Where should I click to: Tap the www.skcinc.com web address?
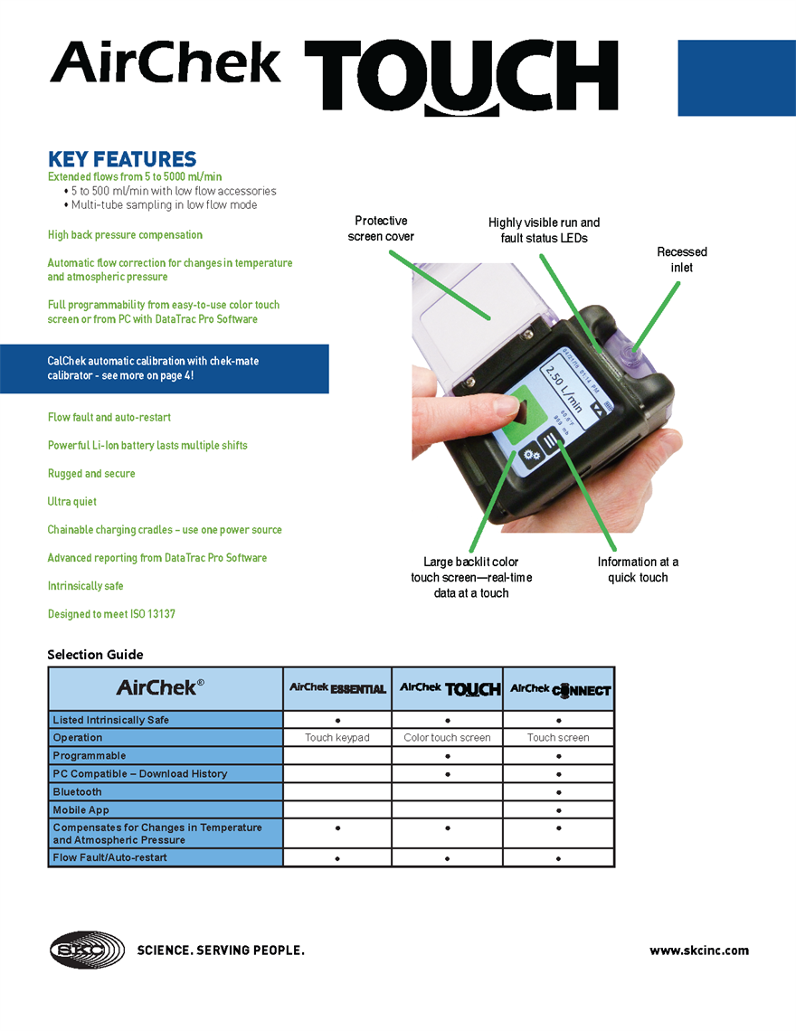698,951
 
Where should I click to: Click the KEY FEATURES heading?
121,160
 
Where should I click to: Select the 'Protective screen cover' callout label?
381,229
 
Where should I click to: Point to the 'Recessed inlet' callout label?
681,260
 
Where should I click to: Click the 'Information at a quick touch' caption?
638,570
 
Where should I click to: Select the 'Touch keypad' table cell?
337,738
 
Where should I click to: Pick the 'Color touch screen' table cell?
447,738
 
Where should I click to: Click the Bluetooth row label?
78,792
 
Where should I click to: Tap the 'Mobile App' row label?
81,810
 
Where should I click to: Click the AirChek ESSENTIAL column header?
337,688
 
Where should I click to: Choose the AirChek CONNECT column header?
559,689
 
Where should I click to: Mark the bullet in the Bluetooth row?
559,792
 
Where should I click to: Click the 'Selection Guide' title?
95,655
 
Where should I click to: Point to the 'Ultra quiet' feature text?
72,502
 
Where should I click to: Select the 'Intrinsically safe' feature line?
86,586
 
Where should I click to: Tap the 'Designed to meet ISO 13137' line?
111,614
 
